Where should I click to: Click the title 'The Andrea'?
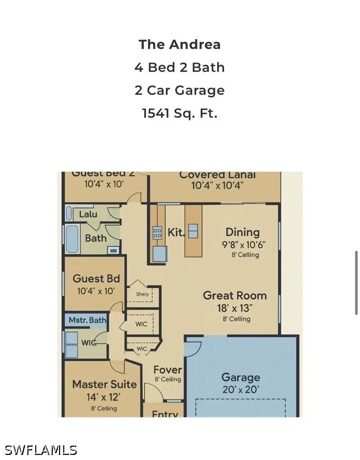(x=180, y=45)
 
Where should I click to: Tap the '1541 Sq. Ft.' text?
(x=180, y=113)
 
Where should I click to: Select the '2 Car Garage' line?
(x=180, y=90)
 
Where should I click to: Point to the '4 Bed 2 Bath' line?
(x=180, y=68)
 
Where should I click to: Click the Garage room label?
(x=241, y=377)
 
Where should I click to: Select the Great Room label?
(x=235, y=295)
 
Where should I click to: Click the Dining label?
(x=242, y=233)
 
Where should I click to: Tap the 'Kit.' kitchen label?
(x=175, y=233)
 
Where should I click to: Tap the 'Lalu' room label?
(x=88, y=214)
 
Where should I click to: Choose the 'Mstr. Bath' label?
(x=87, y=320)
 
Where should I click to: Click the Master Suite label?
(x=104, y=384)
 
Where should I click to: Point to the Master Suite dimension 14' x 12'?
(x=104, y=397)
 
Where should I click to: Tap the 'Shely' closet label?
(x=142, y=294)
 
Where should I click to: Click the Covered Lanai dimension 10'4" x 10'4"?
(x=217, y=186)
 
